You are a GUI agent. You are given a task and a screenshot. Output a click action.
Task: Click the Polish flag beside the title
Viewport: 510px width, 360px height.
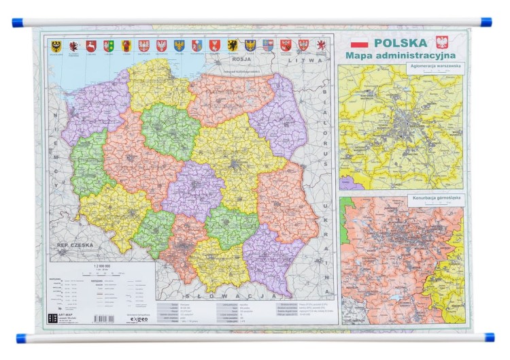click(x=359, y=43)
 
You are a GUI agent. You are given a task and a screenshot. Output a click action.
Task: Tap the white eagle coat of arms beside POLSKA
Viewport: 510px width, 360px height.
click(x=442, y=42)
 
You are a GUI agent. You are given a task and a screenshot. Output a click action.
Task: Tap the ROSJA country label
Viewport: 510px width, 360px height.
click(x=243, y=59)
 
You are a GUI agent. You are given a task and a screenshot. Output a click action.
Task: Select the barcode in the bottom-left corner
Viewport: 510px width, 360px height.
click(x=103, y=318)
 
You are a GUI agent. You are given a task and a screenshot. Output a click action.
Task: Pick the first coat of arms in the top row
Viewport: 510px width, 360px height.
click(x=56, y=45)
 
